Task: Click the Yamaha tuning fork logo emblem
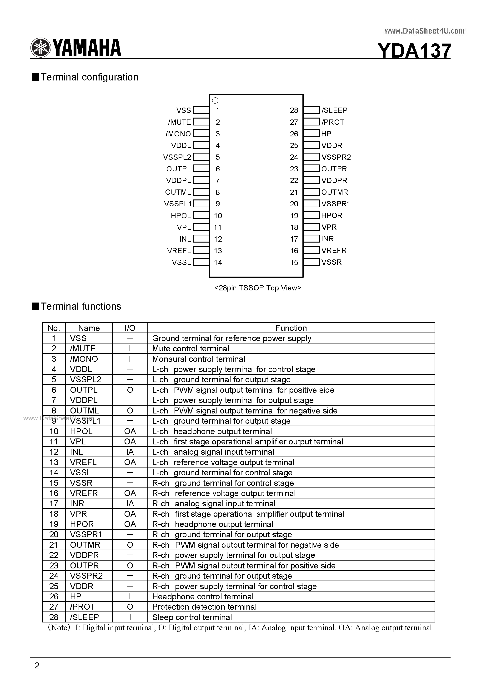[x=40, y=48]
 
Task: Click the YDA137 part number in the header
[x=414, y=51]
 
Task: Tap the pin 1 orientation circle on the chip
[x=215, y=101]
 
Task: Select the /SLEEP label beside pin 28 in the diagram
[x=334, y=110]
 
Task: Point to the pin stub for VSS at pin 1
[x=201, y=110]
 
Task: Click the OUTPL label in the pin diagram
[x=178, y=169]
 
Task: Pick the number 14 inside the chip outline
[x=218, y=263]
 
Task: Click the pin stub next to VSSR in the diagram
[x=311, y=262]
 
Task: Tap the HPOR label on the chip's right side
[x=331, y=215]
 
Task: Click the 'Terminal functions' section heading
[x=81, y=307]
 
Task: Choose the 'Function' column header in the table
[x=291, y=328]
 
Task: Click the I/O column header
[x=130, y=328]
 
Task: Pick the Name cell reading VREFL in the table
[x=83, y=462]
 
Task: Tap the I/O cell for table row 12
[x=130, y=452]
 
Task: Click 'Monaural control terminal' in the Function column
[x=199, y=359]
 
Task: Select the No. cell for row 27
[x=54, y=607]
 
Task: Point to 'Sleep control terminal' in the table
[x=192, y=617]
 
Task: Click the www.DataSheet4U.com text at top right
[x=424, y=31]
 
